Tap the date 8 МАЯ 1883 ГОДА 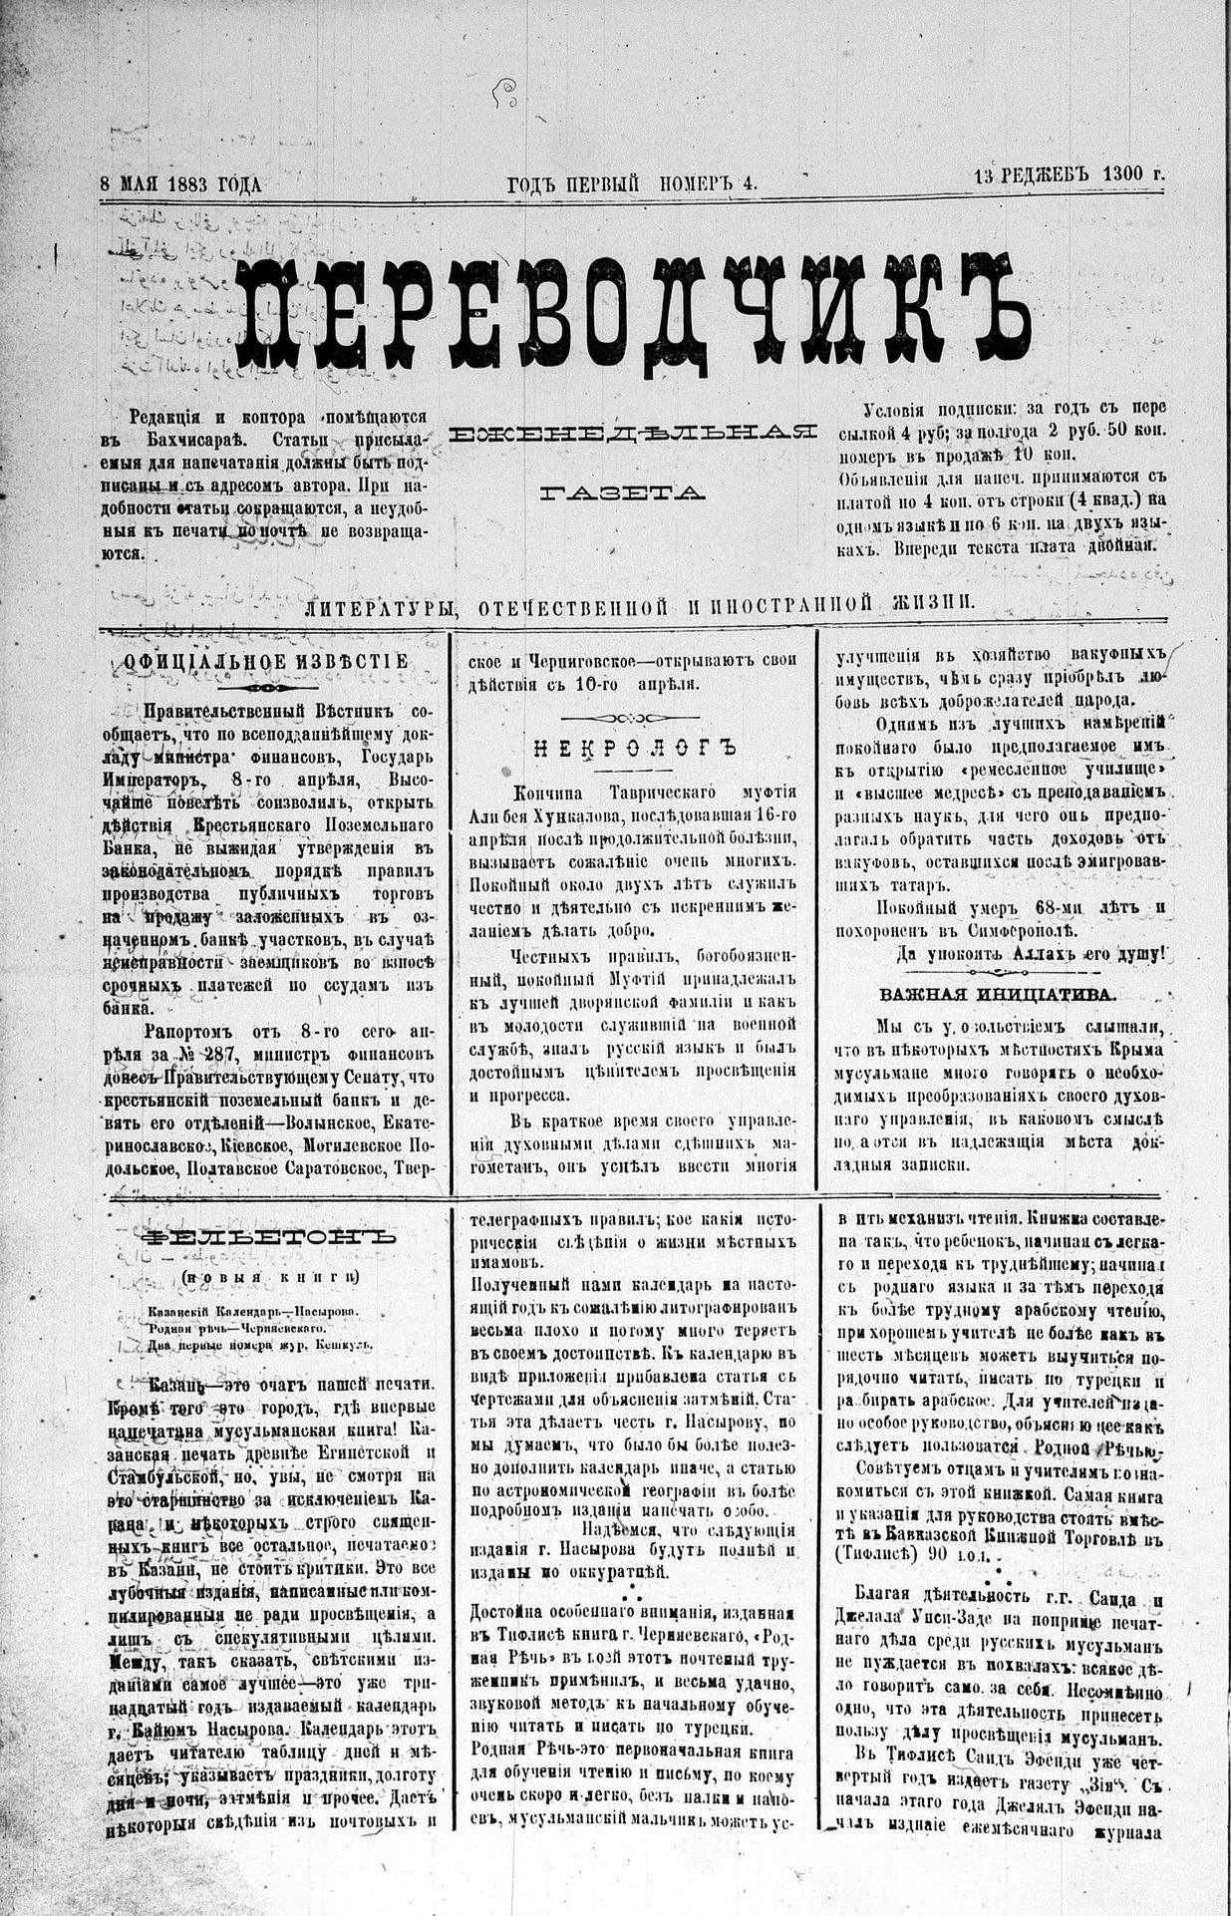click(x=179, y=183)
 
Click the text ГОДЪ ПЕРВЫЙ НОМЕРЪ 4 click(x=632, y=183)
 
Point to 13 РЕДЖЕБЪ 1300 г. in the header click(x=1069, y=173)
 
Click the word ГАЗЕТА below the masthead click(x=623, y=491)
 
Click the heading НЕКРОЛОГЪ click(x=634, y=749)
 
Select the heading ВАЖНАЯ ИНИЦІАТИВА click(x=998, y=994)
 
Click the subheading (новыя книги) click(x=269, y=1277)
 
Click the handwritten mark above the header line click(x=509, y=95)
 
